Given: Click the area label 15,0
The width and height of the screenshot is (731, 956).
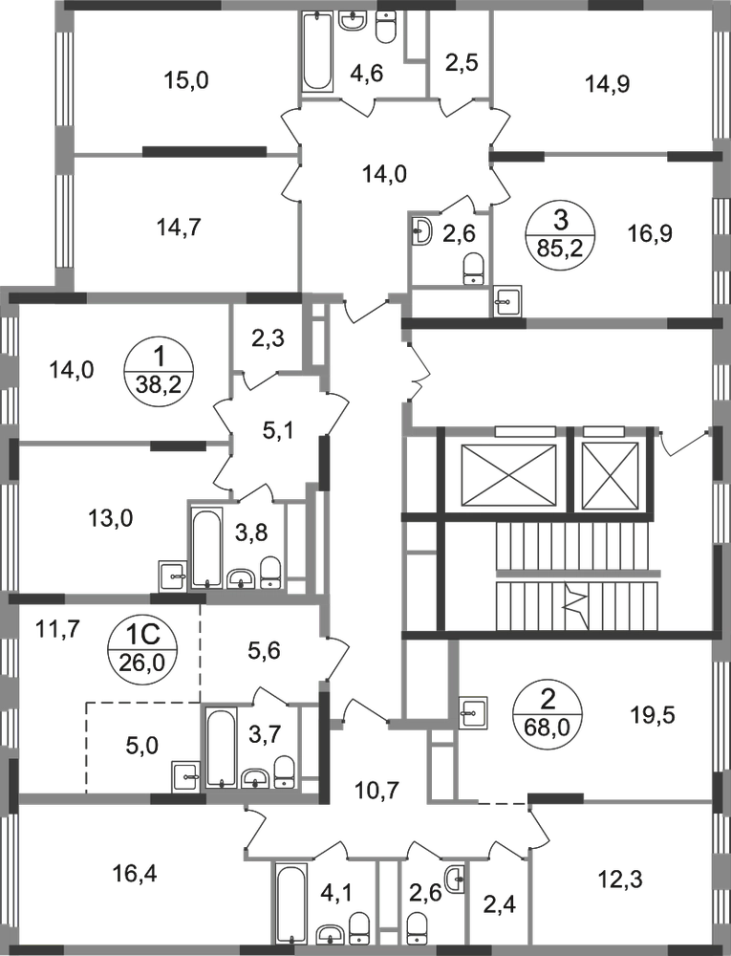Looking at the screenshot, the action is pos(186,80).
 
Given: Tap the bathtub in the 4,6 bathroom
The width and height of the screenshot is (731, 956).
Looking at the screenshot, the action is pos(317,52).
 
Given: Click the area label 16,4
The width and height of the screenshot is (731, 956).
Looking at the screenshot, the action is pos(135,875).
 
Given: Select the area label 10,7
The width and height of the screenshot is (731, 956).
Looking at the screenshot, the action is pos(377,791).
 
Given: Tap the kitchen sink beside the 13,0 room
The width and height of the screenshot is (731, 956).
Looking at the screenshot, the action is pos(173,575).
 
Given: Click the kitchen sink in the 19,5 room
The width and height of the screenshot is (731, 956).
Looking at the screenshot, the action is pos(472,711).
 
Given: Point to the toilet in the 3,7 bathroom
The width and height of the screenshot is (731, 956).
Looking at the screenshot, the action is pos(283,771).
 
